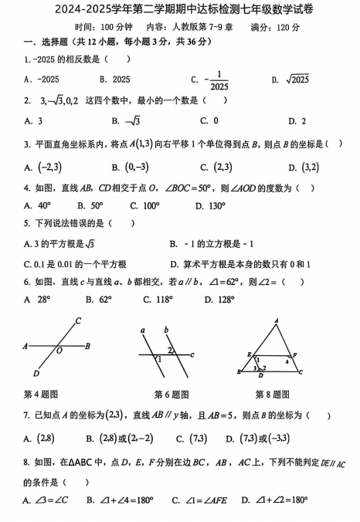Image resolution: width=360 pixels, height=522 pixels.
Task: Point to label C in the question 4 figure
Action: point(79,320)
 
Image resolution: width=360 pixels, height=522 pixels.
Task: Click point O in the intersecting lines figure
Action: point(59,351)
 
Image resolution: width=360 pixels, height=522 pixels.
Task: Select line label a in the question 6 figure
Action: point(144,330)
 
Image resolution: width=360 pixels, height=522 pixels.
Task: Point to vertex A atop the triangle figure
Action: point(276,320)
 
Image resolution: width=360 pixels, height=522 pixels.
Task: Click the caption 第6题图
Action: point(172,394)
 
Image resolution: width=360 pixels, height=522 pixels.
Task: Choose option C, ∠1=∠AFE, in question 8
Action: point(207,500)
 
